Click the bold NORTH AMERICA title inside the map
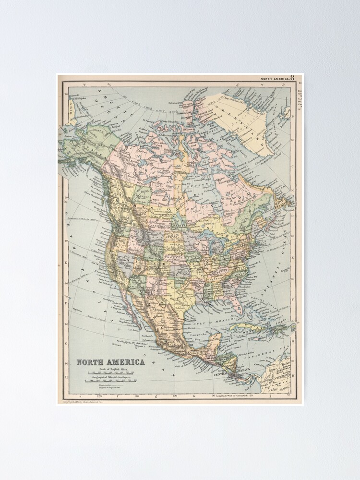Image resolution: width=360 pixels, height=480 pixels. tap(105, 363)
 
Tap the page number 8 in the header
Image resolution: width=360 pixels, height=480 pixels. tap(292, 78)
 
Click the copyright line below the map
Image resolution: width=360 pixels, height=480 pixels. tap(80, 401)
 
